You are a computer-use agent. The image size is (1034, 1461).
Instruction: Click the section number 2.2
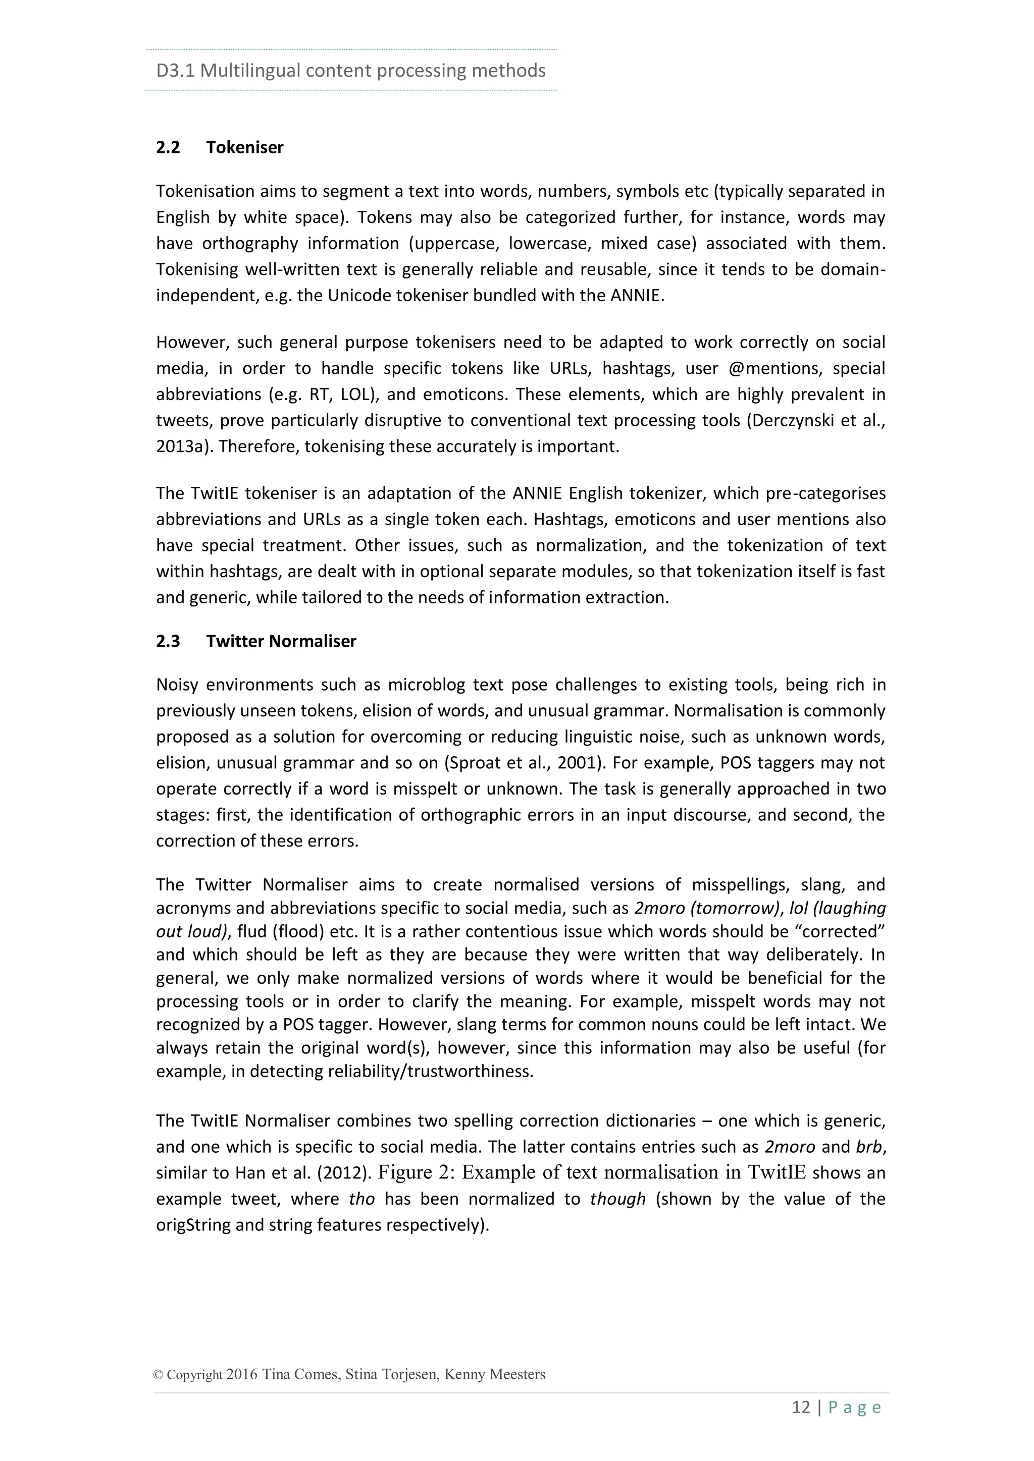click(168, 148)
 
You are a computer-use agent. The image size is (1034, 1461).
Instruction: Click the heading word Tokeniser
click(244, 148)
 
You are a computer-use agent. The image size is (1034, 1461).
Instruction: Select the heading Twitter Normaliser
click(281, 641)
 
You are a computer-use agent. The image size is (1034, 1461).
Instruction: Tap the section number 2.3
click(168, 641)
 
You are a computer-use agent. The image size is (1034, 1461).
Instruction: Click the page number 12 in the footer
click(800, 1407)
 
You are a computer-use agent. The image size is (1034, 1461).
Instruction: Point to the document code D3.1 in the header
click(175, 70)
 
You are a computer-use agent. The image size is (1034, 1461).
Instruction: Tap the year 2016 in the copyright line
click(242, 1374)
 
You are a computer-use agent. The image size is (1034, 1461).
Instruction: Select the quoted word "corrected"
click(842, 932)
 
